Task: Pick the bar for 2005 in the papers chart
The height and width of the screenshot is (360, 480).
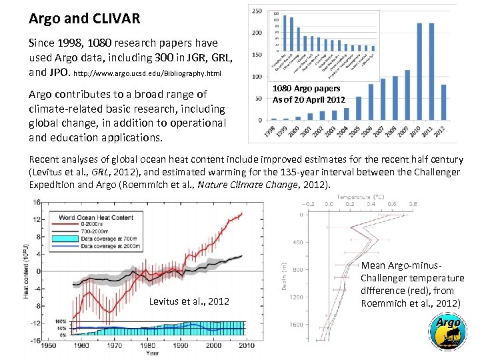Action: pos(359,108)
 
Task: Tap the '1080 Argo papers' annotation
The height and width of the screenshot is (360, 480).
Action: pos(307,89)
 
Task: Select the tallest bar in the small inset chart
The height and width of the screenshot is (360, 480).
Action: pos(285,33)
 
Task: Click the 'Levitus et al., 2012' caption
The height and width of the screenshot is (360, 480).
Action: pos(189,301)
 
